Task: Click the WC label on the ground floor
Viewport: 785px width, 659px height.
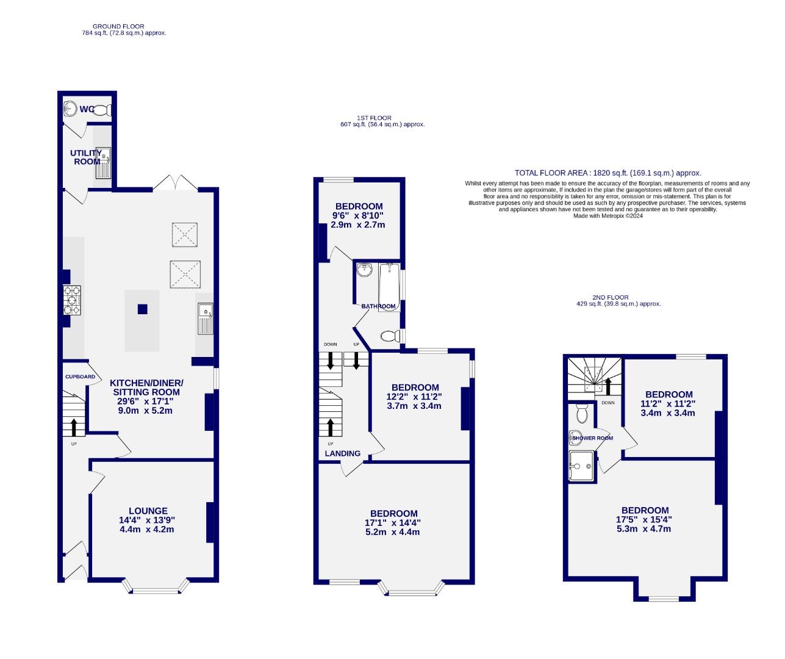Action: pos(87,109)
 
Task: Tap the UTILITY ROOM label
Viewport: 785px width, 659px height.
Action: pos(87,157)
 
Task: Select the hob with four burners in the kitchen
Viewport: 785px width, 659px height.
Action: pos(73,301)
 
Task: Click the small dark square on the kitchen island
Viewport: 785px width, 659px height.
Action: pos(142,309)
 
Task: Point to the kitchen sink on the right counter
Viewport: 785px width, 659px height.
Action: pos(205,319)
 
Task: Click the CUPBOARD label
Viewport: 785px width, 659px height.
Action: pos(80,377)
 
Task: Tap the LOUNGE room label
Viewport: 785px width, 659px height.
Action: pos(148,511)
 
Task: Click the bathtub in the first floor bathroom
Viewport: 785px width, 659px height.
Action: pos(389,287)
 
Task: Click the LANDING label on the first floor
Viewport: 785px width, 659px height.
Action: pos(342,453)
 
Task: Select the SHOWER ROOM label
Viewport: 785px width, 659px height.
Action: pos(592,438)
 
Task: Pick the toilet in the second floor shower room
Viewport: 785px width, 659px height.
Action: pos(581,415)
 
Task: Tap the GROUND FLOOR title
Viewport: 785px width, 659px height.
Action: pos(118,26)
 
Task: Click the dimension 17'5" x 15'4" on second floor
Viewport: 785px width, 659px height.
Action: pos(644,519)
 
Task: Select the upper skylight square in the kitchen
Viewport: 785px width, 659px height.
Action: pos(184,235)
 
